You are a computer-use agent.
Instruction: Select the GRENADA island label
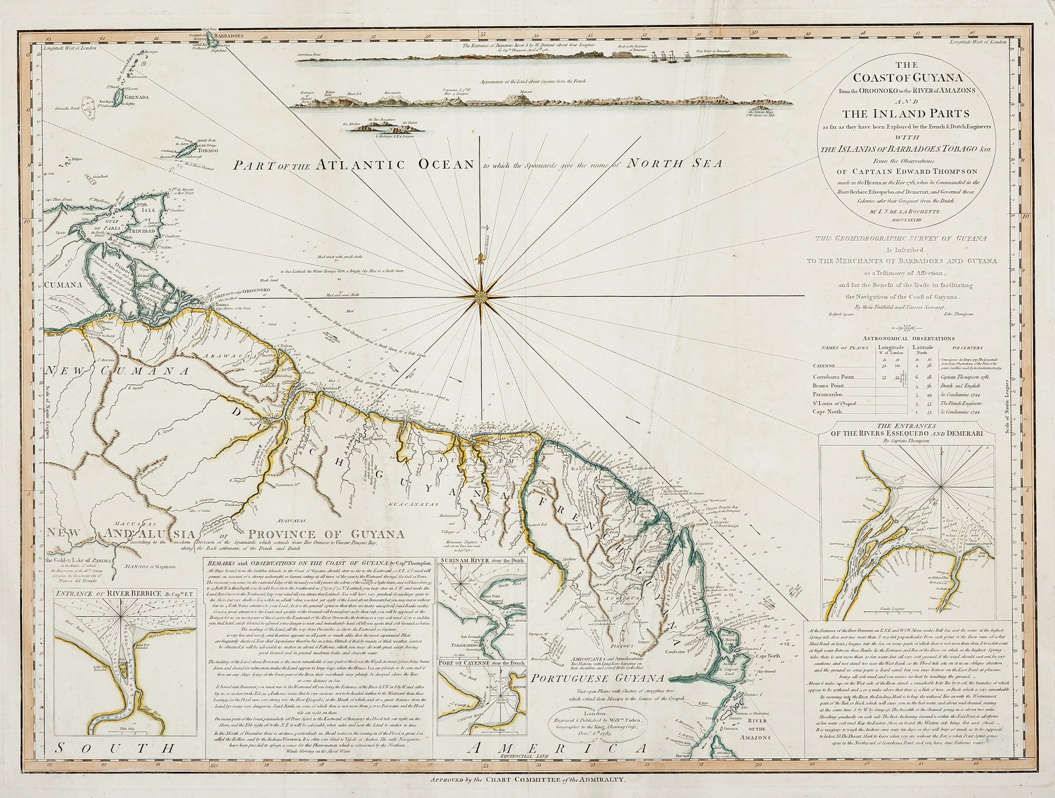(135, 96)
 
